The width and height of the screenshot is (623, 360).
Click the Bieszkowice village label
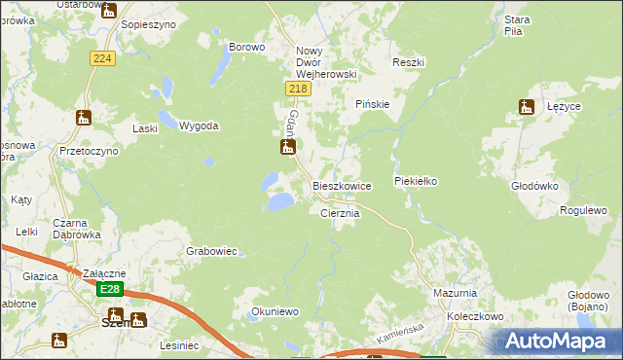tap(341, 185)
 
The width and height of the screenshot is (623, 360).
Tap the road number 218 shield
tap(298, 89)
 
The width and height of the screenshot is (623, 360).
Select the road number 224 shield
tap(103, 59)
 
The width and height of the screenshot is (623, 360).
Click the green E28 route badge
tap(111, 289)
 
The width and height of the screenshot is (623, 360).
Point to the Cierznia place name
tap(341, 213)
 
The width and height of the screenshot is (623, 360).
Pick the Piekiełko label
tap(419, 181)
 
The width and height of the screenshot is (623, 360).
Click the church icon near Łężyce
tap(528, 107)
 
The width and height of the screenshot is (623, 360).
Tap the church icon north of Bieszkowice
tap(287, 148)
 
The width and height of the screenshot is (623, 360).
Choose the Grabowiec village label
tap(211, 251)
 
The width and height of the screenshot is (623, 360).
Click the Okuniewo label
tap(274, 311)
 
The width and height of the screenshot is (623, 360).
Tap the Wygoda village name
tap(199, 126)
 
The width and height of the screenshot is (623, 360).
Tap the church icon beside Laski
tap(83, 118)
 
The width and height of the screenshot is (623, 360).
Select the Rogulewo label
tap(583, 210)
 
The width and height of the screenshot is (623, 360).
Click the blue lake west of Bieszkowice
tap(279, 201)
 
